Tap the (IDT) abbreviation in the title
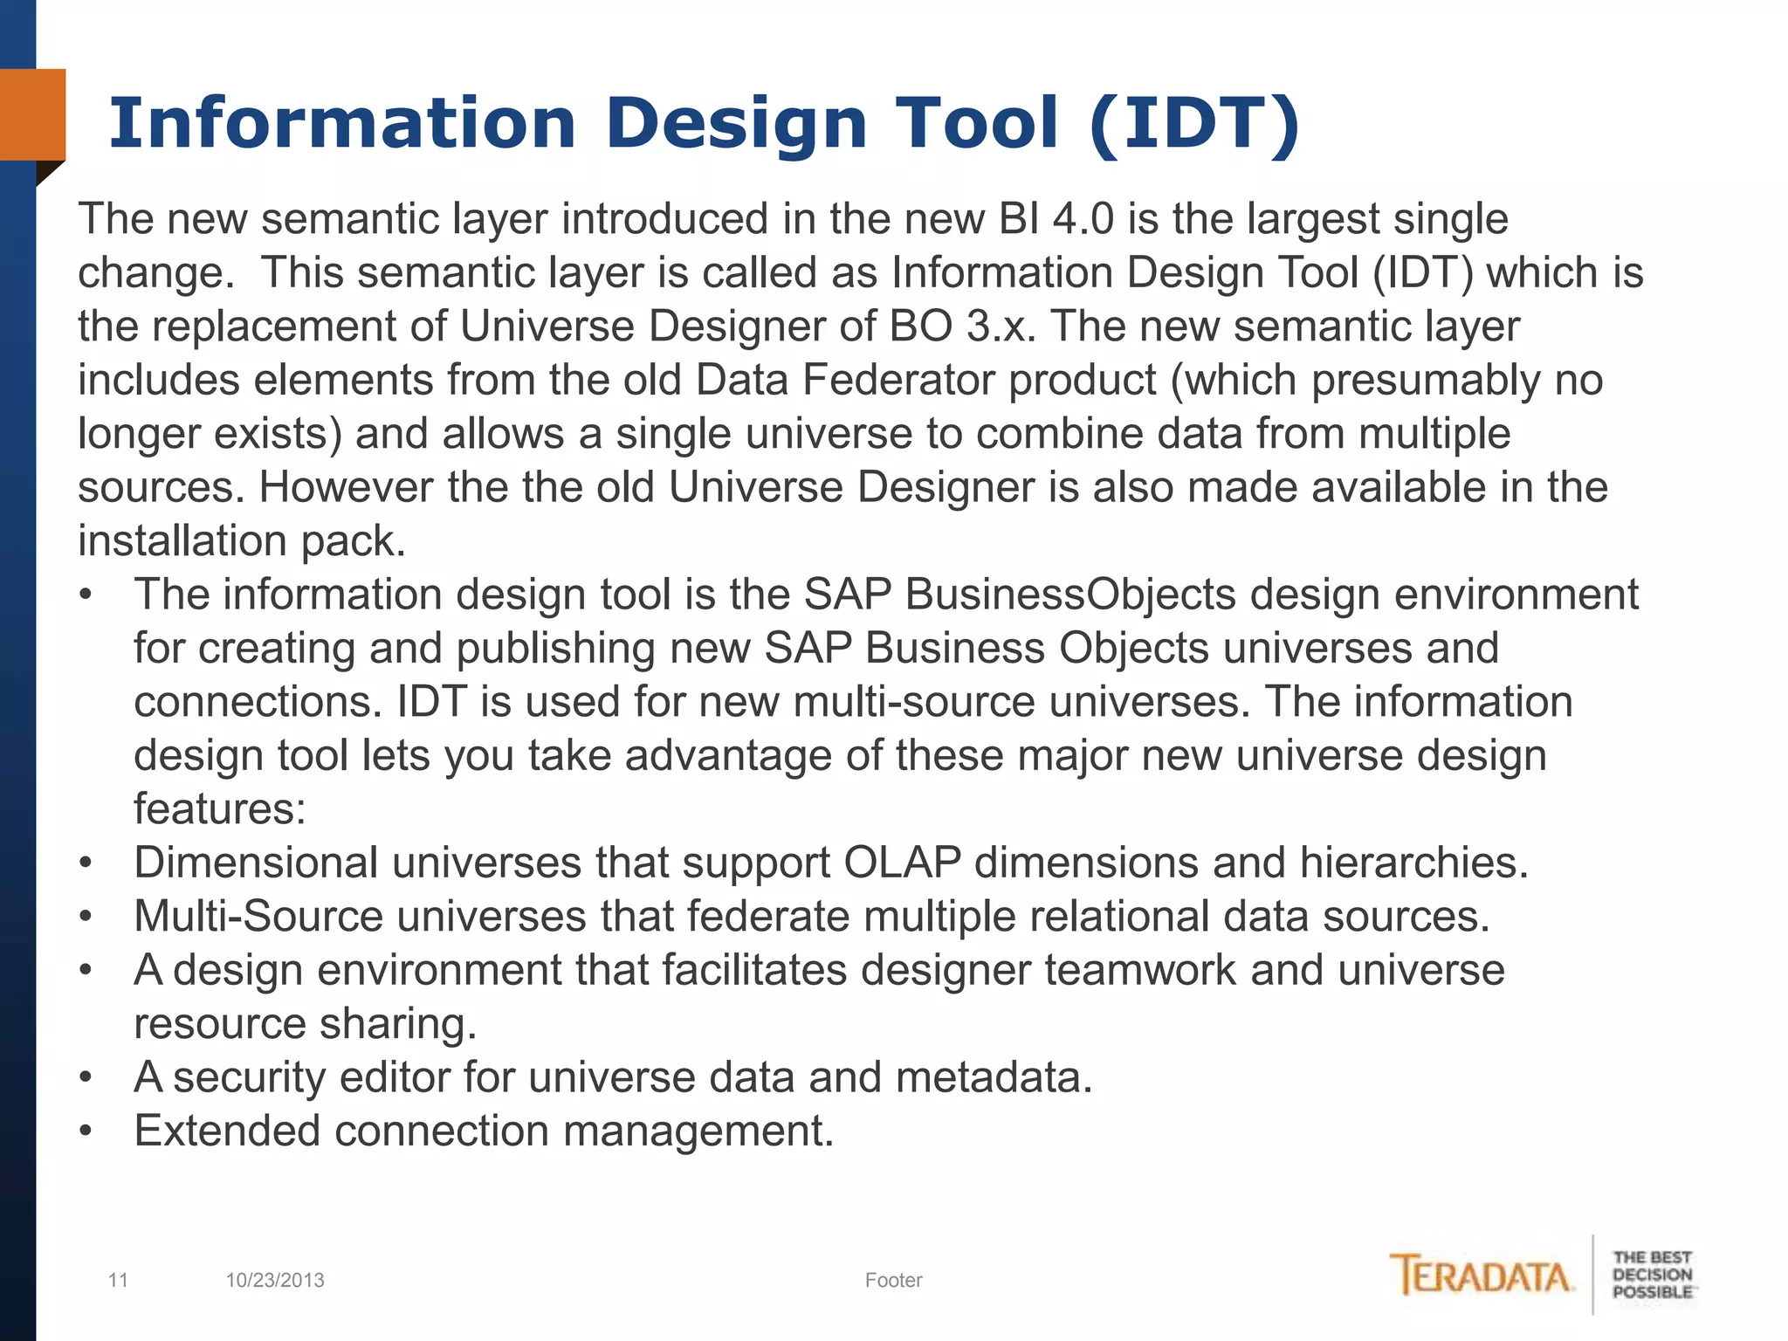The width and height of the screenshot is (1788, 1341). pyautogui.click(x=1195, y=124)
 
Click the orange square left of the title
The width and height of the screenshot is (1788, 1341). pyautogui.click(x=32, y=114)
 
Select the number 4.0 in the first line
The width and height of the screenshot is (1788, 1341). pyautogui.click(x=1083, y=218)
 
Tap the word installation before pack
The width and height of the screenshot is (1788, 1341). pyautogui.click(x=182, y=540)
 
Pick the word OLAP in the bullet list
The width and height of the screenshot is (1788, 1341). pyautogui.click(x=902, y=863)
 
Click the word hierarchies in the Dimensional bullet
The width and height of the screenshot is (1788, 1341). pyautogui.click(x=1413, y=863)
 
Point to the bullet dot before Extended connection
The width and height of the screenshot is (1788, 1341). pyautogui.click(x=86, y=1131)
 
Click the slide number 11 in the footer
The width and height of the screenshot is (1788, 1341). pyautogui.click(x=118, y=1280)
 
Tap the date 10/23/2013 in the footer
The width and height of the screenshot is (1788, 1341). pyautogui.click(x=275, y=1280)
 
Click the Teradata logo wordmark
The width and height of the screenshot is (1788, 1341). pyautogui.click(x=1482, y=1276)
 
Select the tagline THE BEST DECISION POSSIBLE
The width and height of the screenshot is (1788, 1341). pyautogui.click(x=1652, y=1275)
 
